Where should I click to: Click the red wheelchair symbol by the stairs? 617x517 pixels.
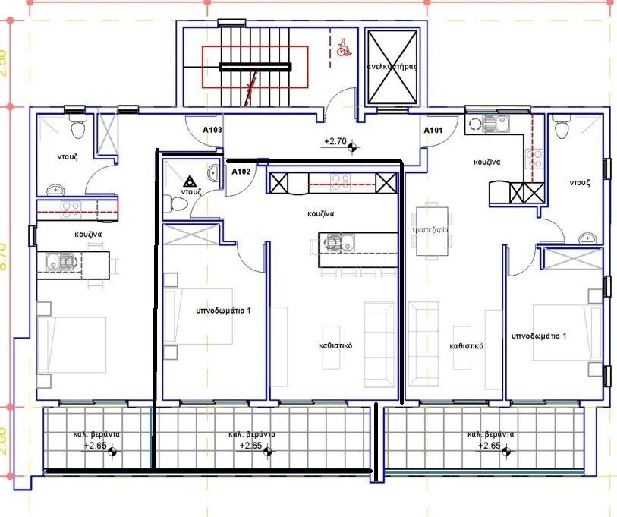point(343,49)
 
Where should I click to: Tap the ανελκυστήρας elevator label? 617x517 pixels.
point(392,67)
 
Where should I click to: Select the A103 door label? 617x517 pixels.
point(212,131)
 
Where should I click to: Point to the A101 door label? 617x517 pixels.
point(433,131)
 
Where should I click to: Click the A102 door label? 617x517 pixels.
point(241,171)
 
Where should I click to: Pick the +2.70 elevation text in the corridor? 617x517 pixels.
point(335,141)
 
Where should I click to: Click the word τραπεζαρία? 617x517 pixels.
point(429,229)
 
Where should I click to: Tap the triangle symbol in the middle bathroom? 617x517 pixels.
point(189,181)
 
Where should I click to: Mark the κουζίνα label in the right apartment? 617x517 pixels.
point(486,162)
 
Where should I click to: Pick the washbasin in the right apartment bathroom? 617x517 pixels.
point(586,238)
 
